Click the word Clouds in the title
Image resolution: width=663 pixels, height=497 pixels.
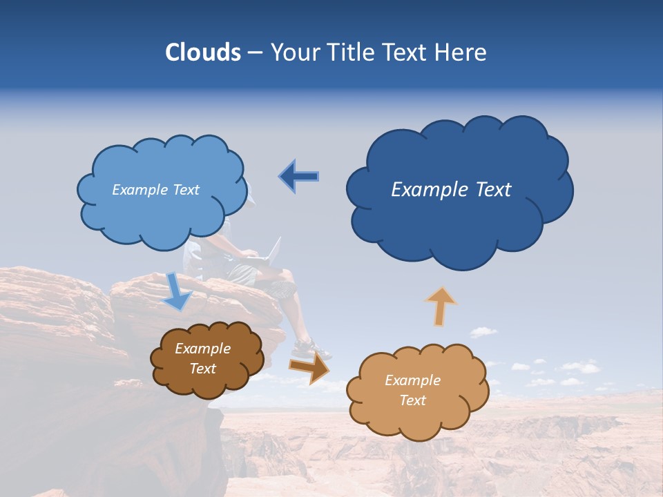pyautogui.click(x=202, y=52)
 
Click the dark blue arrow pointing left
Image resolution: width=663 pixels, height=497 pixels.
pyautogui.click(x=298, y=177)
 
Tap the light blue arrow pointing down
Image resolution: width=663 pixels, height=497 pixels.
pyautogui.click(x=178, y=291)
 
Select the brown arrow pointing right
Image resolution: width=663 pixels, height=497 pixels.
pyautogui.click(x=310, y=368)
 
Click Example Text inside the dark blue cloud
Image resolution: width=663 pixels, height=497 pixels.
pyautogui.click(x=451, y=190)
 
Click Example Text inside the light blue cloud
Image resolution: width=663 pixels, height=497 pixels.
pyautogui.click(x=155, y=190)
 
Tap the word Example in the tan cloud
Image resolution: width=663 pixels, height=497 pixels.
pyautogui.click(x=412, y=380)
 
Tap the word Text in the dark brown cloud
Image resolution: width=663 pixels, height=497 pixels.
pyautogui.click(x=203, y=369)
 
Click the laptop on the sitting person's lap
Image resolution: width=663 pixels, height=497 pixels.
pyautogui.click(x=271, y=252)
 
